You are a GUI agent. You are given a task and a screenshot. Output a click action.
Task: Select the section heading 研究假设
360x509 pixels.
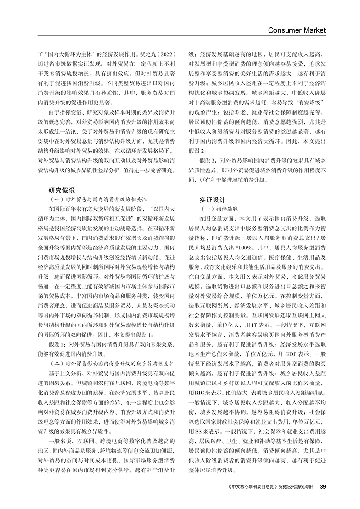click(x=62, y=190)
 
